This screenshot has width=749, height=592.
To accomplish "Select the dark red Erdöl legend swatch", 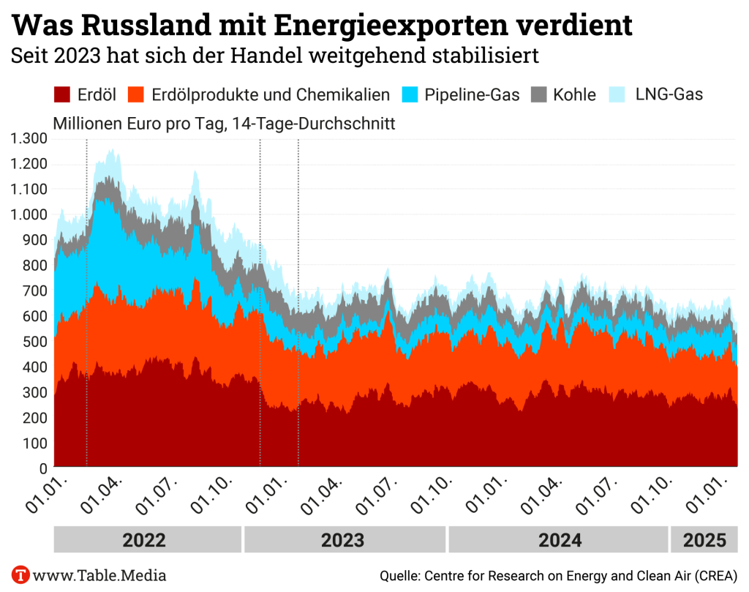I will coord(63,94).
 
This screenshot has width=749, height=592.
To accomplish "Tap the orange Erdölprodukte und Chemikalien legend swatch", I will coord(138,94).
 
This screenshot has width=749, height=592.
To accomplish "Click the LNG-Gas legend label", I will coord(669,94).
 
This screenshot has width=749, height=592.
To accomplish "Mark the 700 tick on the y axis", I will coord(35,291).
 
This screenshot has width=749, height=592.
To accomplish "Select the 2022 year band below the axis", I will coord(144,540).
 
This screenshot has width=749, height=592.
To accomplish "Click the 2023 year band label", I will coord(343,540).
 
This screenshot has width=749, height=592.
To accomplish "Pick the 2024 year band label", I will coord(560,540).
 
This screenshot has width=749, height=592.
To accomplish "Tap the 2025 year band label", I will coord(704,540).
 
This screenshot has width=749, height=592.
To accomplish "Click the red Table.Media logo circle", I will coord(20,574).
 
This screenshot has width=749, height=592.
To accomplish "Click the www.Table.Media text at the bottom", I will coord(100,575).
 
